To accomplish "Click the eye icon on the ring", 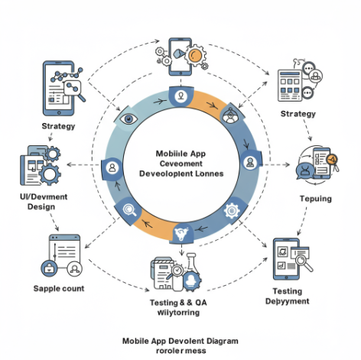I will [127, 118].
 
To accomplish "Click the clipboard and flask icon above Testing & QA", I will [177, 272].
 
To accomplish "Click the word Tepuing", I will [314, 199].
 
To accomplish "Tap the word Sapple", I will [48, 289].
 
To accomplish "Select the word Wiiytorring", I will [179, 313].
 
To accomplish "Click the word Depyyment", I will [287, 301].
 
